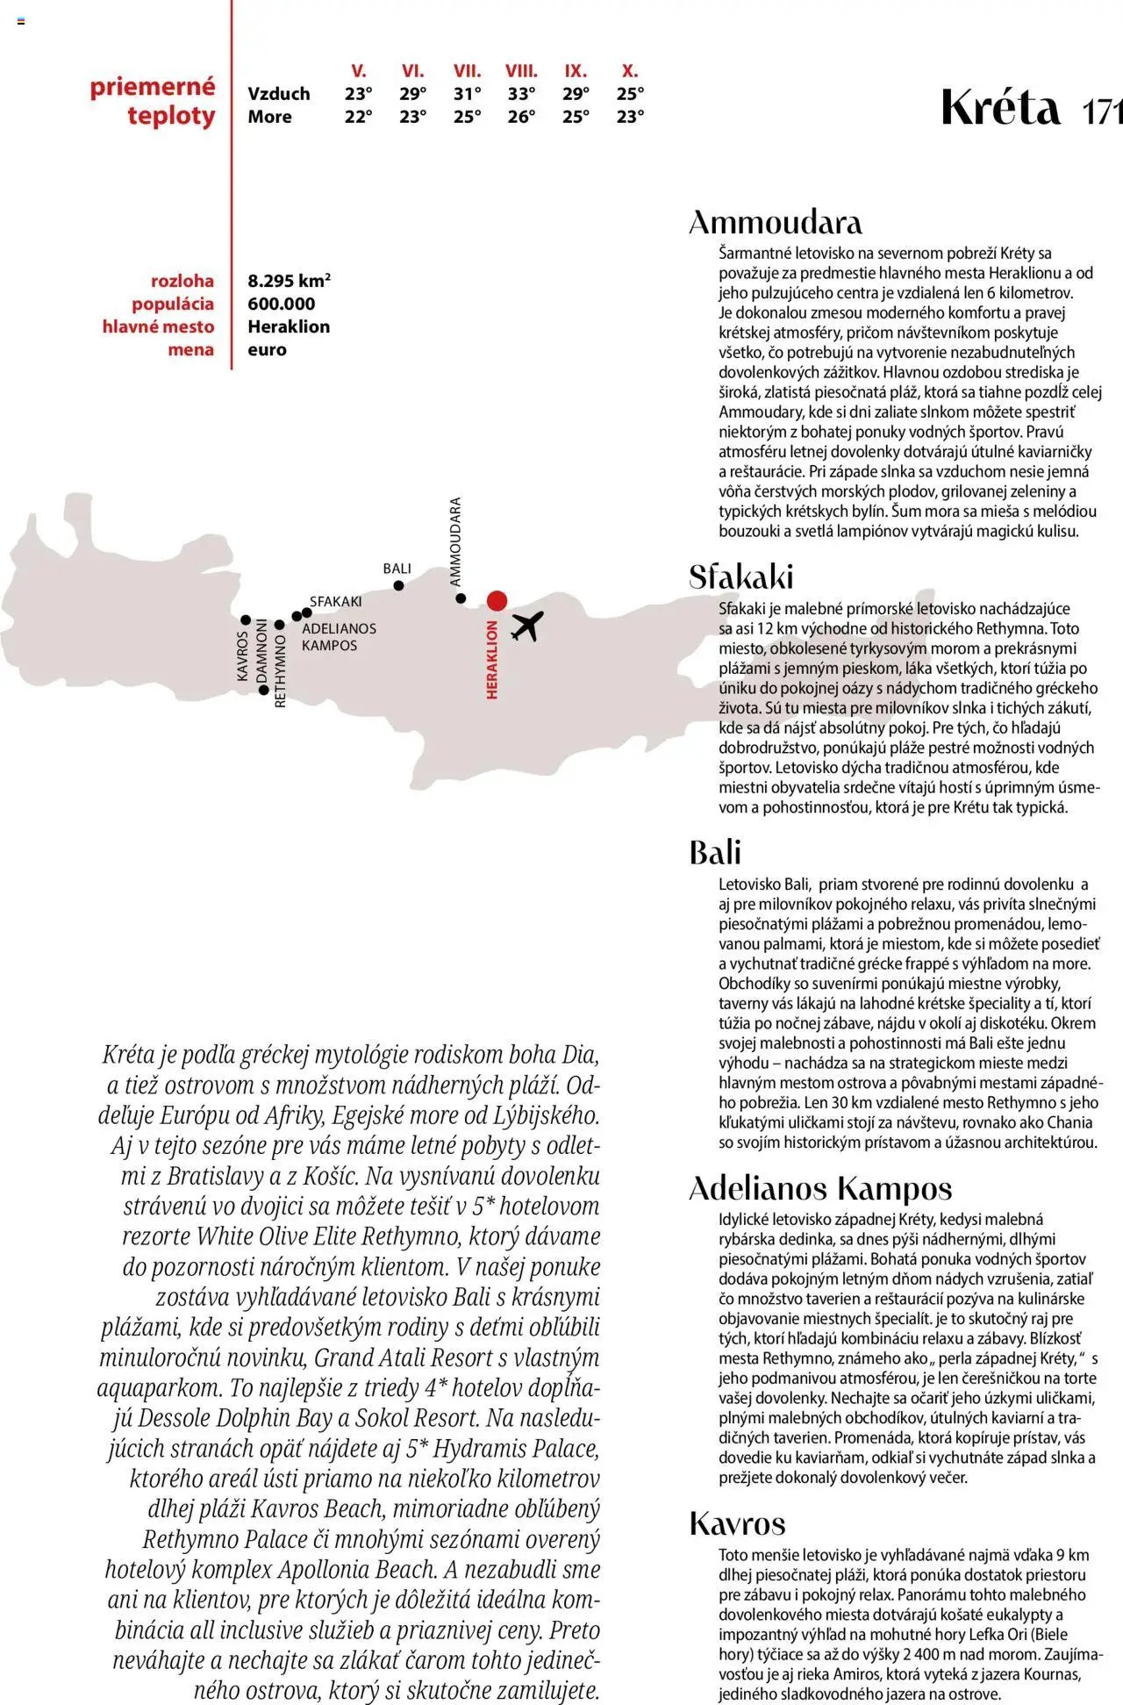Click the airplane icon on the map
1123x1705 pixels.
coord(527,626)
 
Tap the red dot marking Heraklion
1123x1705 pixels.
coord(497,600)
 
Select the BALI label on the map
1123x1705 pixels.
coord(397,569)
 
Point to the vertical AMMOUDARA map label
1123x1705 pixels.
coord(454,541)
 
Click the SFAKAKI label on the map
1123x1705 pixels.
coord(335,601)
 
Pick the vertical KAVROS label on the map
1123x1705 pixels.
coord(242,655)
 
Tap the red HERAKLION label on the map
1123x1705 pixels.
coord(491,659)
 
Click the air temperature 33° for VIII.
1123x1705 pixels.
coord(521,94)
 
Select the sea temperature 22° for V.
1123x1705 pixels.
coord(358,117)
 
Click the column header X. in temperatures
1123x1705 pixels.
coord(629,71)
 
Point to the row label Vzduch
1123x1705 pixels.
coord(278,94)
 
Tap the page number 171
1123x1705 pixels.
coord(1102,112)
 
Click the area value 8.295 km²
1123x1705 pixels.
coord(289,281)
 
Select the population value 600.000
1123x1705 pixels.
coord(281,304)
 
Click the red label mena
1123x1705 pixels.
coord(190,349)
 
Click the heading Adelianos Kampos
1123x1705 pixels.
coord(820,1188)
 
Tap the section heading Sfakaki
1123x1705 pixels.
coord(740,577)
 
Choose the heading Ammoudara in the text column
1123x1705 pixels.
coord(775,222)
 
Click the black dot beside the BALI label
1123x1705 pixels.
coord(398,585)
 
